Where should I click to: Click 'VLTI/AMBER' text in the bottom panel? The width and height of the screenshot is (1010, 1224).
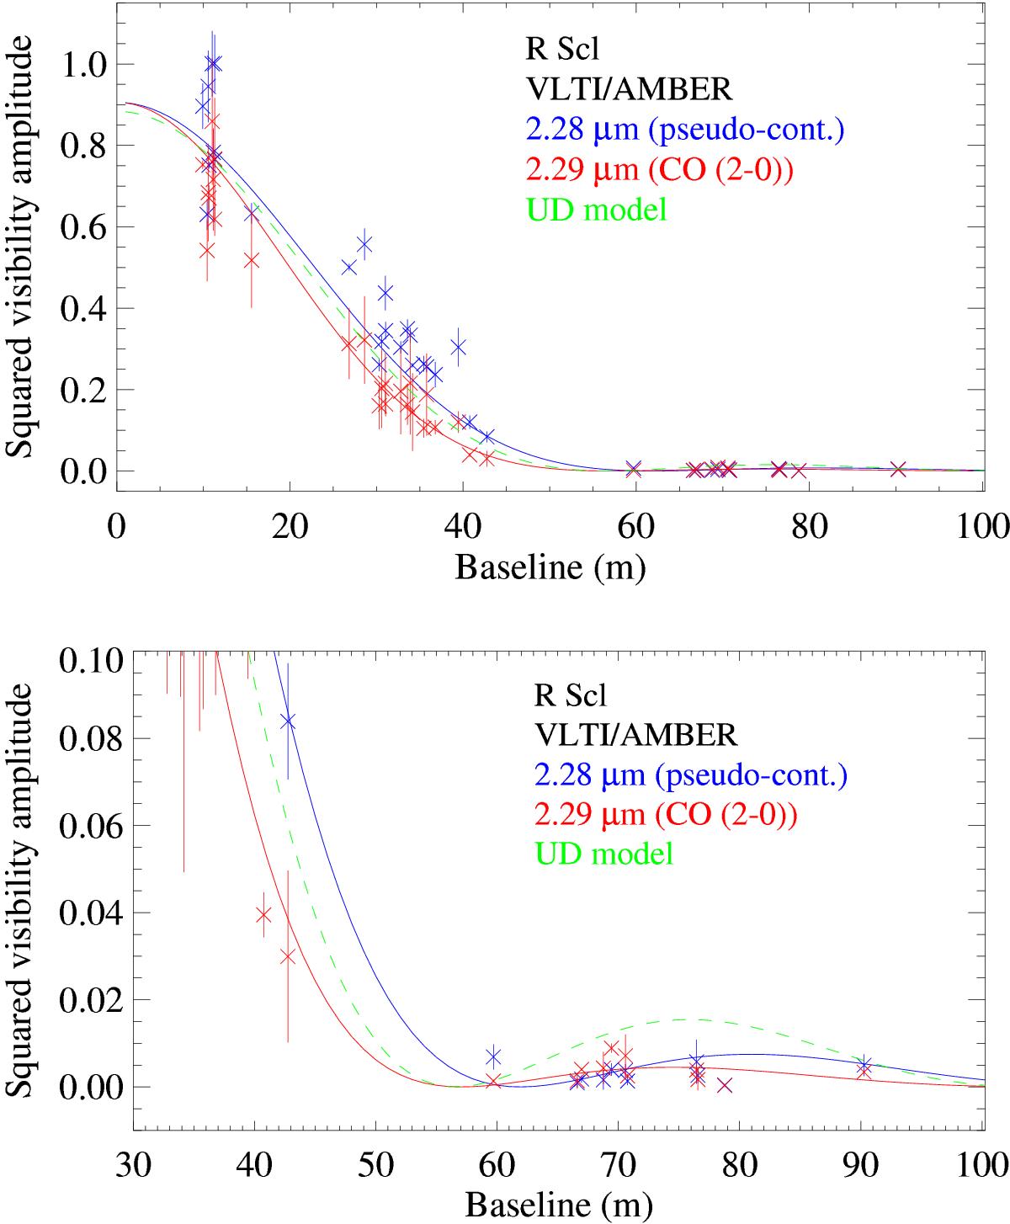pos(635,736)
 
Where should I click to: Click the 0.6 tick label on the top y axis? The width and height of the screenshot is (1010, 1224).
pos(82,227)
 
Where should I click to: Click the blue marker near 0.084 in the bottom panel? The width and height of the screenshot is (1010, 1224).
pos(288,721)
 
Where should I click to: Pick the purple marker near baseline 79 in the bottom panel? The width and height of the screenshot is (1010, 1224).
pos(725,1086)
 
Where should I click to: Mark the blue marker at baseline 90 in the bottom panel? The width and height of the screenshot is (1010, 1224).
pos(864,1064)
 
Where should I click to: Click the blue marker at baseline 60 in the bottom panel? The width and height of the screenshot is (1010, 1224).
pos(493,1056)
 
